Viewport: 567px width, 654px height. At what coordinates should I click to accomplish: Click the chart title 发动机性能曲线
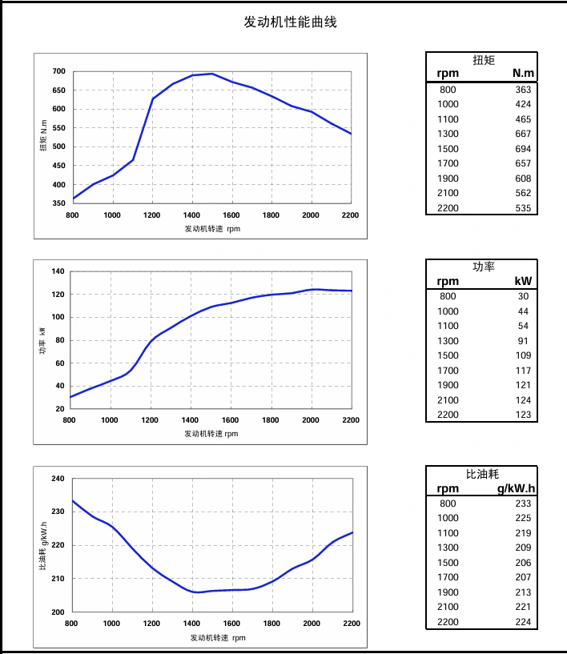coord(290,22)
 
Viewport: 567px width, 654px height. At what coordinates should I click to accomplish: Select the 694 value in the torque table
coord(523,149)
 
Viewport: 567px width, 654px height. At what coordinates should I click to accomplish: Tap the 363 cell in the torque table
coord(523,90)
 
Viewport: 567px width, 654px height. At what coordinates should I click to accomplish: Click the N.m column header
coord(523,74)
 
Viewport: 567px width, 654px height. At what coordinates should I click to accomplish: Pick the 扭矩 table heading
coord(484,60)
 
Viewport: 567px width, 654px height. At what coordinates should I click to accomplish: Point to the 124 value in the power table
coord(523,400)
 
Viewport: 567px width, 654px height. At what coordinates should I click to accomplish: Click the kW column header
coord(523,281)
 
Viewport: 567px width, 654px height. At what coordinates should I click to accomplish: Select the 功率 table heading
coord(484,267)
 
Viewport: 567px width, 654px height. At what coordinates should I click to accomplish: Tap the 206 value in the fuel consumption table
coord(523,563)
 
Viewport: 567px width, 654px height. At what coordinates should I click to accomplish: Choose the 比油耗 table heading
coord(483,475)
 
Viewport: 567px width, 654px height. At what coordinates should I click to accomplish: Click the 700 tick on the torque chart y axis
coord(58,71)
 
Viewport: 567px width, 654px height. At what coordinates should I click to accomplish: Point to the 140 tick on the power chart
coord(57,271)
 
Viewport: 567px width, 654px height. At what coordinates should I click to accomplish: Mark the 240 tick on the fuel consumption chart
coord(57,479)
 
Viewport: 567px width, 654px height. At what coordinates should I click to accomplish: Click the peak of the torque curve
coord(211,74)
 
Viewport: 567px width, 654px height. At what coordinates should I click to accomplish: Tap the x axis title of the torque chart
coord(212,228)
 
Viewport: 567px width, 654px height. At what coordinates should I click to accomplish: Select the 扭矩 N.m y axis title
coord(44,137)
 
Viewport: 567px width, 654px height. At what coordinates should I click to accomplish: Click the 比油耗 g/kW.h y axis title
coord(43,546)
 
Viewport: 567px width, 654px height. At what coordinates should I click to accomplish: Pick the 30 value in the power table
coord(525,296)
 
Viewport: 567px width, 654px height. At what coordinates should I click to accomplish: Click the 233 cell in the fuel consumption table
coord(523,504)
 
